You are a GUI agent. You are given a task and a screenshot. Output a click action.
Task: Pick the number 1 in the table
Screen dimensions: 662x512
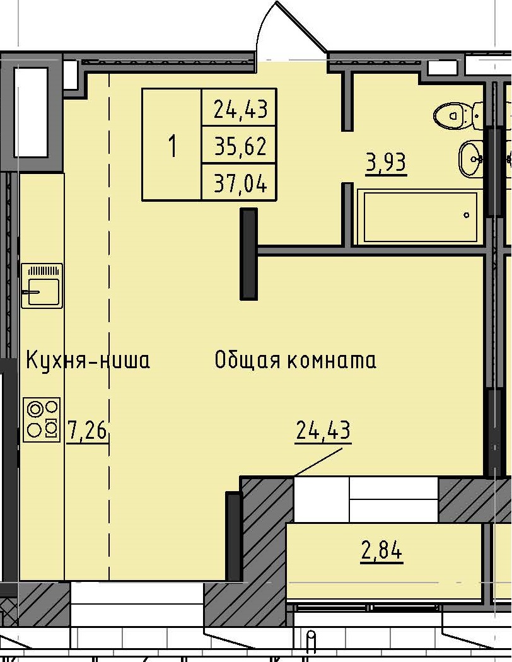click(172, 147)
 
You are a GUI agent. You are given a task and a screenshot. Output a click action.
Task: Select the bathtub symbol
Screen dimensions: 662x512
click(417, 216)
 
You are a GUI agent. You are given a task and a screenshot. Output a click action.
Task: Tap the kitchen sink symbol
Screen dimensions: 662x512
click(42, 286)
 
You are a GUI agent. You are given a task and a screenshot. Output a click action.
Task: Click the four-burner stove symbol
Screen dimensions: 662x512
click(42, 419)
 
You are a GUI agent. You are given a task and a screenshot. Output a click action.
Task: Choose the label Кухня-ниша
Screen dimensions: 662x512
click(88, 361)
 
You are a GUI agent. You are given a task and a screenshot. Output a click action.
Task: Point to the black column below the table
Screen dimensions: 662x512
click(249, 253)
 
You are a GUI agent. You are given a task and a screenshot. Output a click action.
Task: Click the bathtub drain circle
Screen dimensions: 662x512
click(467, 215)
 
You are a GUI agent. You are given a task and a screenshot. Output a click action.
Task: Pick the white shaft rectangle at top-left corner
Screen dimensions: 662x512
click(31, 112)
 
